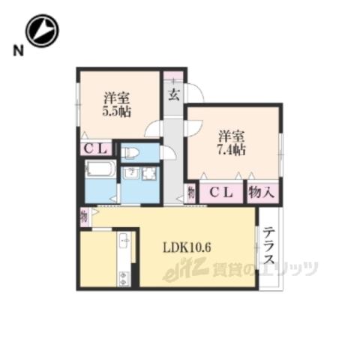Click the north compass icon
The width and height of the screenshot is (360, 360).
coord(42,31)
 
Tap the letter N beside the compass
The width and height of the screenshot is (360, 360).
coord(18,51)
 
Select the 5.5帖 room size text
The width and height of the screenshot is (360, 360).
coord(117,112)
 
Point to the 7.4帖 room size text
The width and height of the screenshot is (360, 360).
coord(231,150)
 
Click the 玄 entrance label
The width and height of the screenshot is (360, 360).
coord(173,95)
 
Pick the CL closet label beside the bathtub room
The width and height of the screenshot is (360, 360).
coord(95,149)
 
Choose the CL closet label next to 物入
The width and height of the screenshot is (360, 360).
coord(221,192)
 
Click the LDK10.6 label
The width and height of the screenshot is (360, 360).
coord(187,247)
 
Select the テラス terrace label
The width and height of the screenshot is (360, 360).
coord(269,246)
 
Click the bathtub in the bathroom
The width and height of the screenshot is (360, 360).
coord(100,169)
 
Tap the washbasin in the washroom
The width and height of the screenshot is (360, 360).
coord(130,173)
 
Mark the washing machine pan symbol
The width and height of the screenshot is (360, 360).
coord(149,173)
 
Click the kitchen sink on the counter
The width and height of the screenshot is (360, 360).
coord(125,241)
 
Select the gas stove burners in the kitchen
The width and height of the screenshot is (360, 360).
coord(123,278)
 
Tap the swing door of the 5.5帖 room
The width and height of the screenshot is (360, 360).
coord(152,128)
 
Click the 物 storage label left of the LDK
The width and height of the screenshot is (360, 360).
coord(84,217)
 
